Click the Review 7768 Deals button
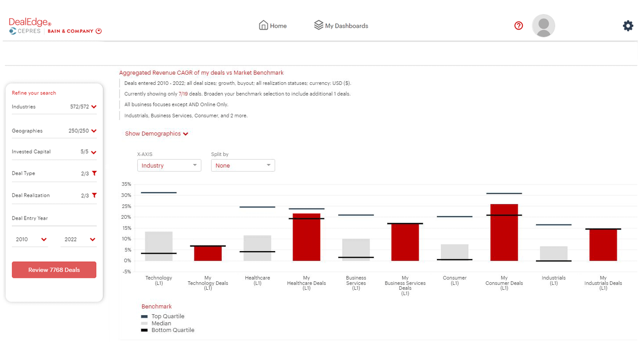click(x=54, y=270)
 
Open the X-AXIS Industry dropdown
click(x=169, y=165)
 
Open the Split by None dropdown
click(x=243, y=165)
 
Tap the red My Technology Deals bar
click(x=208, y=253)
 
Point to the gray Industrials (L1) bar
click(x=553, y=253)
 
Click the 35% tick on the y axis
click(x=126, y=184)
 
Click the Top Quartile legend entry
click(x=168, y=316)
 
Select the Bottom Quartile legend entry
click(x=172, y=330)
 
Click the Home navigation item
click(x=273, y=26)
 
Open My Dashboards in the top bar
click(x=341, y=26)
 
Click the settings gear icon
click(x=628, y=26)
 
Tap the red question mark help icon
click(x=518, y=26)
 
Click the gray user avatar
click(x=543, y=26)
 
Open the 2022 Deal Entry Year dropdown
click(x=78, y=240)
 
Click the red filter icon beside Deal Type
click(x=94, y=173)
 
